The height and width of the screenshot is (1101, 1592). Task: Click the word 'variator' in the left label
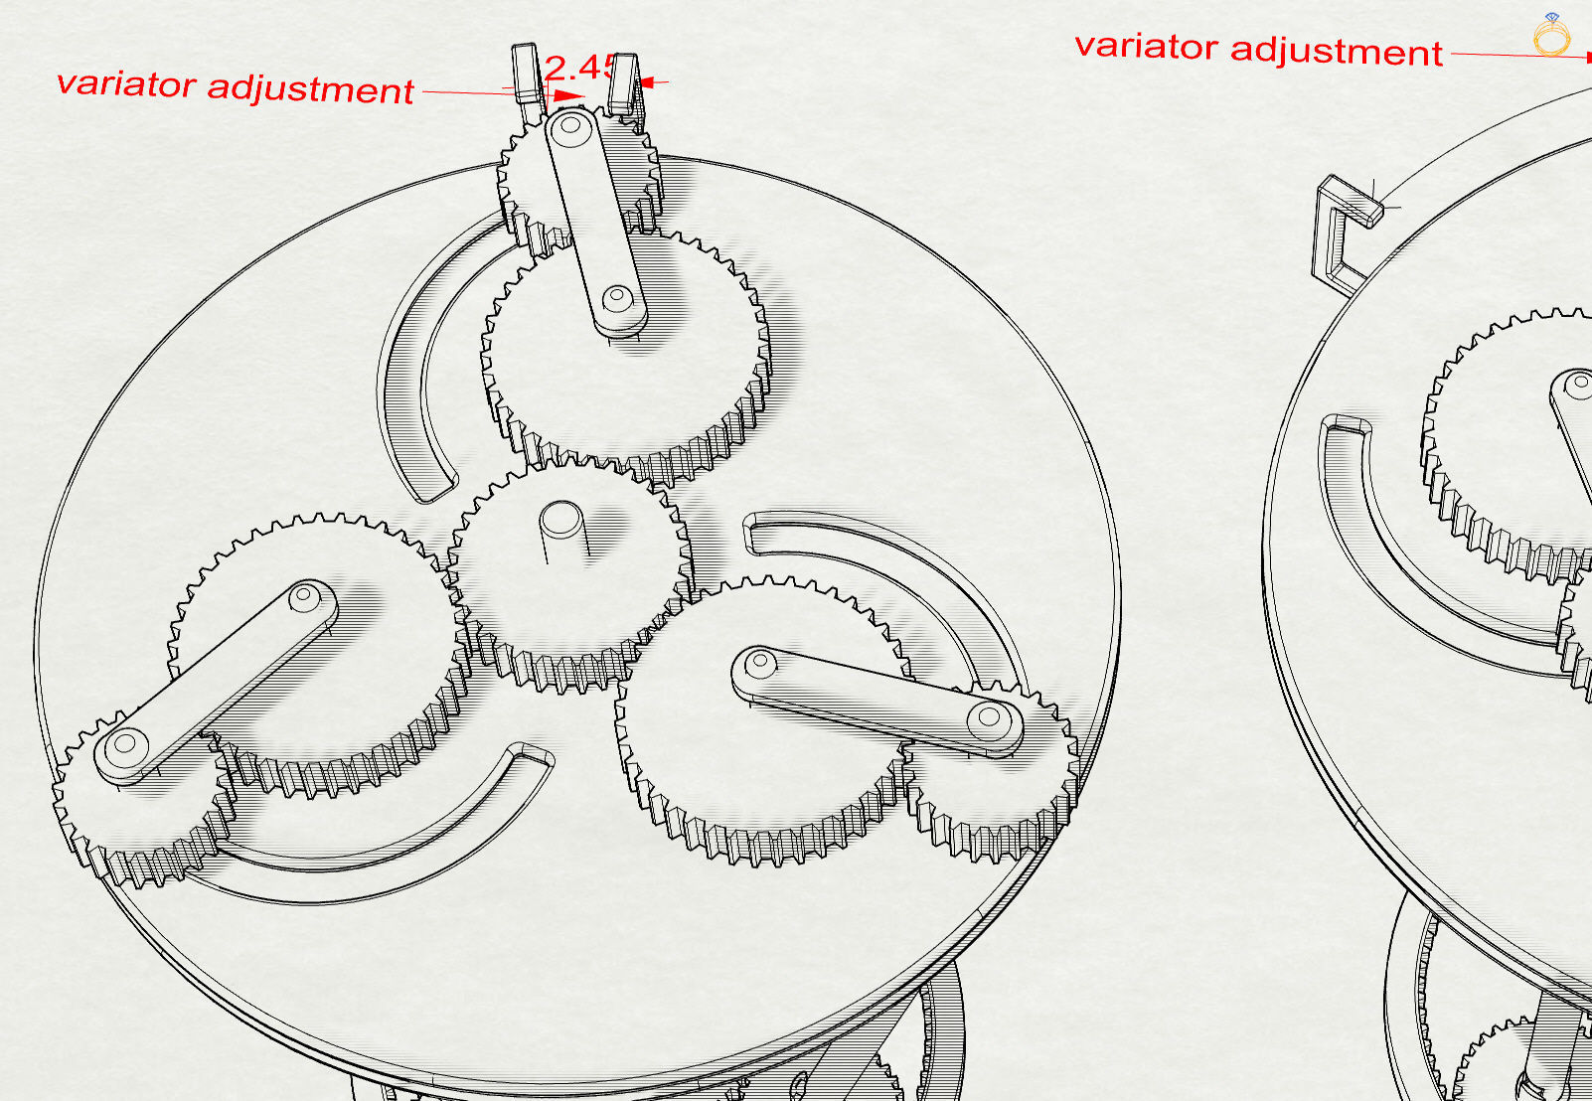[x=126, y=84]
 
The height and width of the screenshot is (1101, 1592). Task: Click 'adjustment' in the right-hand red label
[x=1337, y=51]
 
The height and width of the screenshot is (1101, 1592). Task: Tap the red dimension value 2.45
[x=579, y=68]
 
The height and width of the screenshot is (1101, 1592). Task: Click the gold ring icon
[x=1551, y=35]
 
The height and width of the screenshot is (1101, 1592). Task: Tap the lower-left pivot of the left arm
[x=126, y=743]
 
